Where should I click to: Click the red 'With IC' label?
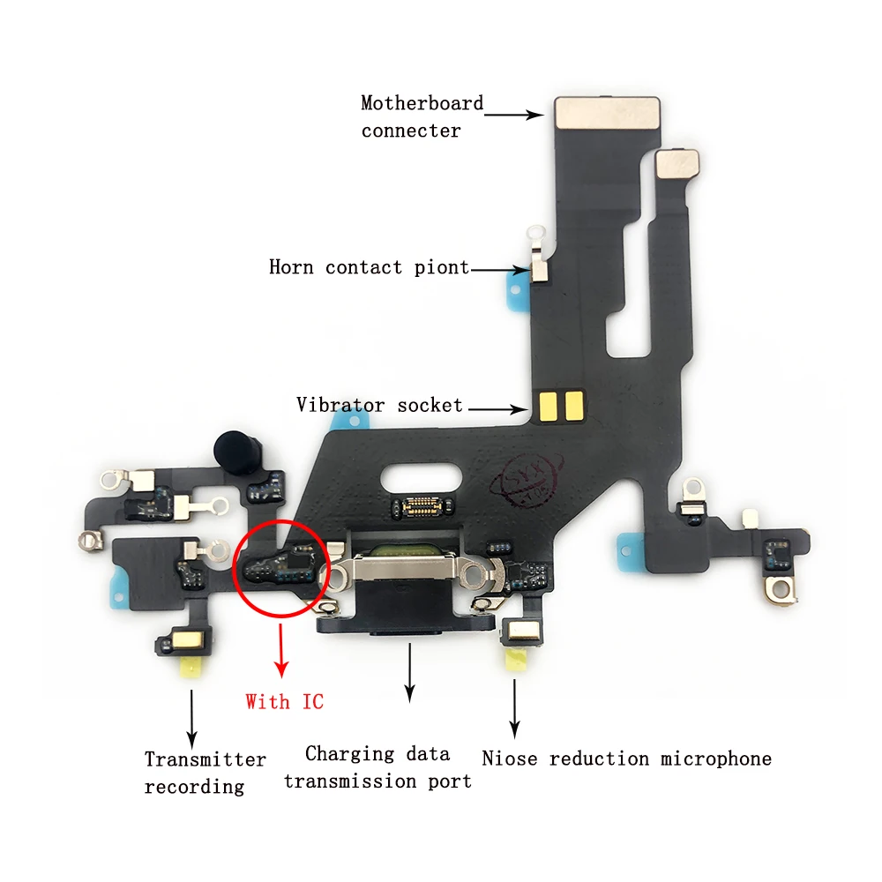(284, 702)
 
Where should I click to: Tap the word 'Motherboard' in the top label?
(422, 103)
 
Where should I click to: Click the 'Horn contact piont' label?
(369, 267)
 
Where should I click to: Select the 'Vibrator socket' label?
(379, 406)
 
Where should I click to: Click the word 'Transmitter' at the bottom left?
(205, 759)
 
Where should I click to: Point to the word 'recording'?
(194, 786)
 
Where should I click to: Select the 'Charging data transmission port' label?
(377, 767)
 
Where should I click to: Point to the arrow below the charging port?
(408, 672)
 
